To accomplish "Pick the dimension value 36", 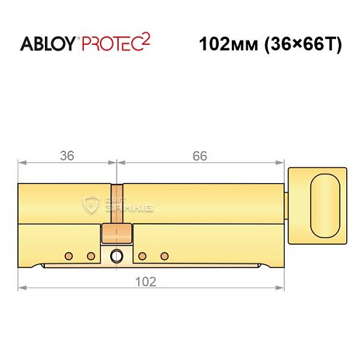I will (x=66, y=155).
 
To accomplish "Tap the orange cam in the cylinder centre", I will (x=117, y=232).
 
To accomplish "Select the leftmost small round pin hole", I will (x=67, y=256).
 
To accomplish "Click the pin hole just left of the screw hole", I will (x=91, y=256).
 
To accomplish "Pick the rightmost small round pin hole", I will (x=165, y=256).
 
